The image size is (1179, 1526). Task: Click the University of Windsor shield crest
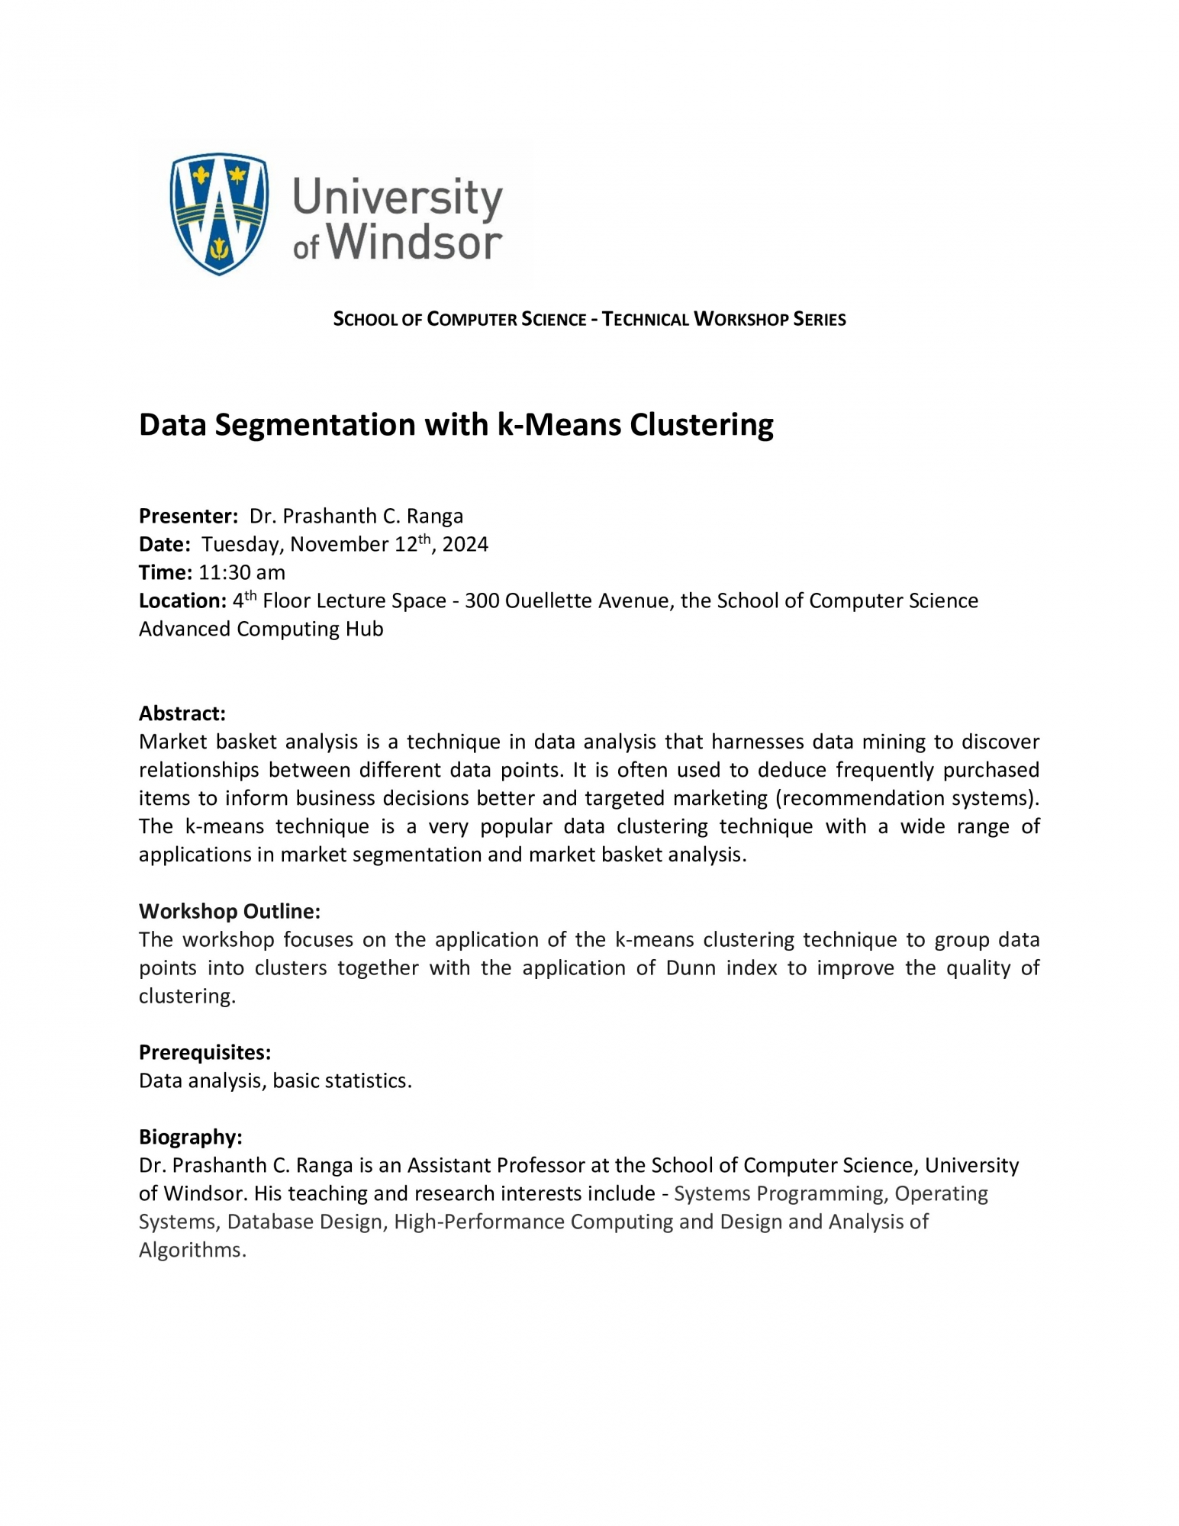click(219, 213)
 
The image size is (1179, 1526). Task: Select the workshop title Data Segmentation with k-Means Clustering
click(456, 424)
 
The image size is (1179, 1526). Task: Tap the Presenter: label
click(188, 517)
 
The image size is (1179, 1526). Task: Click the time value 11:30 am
click(242, 573)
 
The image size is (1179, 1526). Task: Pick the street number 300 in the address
click(482, 601)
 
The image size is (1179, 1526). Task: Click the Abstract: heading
click(182, 714)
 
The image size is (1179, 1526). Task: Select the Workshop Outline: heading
click(229, 912)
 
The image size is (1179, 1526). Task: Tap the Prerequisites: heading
click(205, 1053)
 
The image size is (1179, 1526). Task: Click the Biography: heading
click(190, 1138)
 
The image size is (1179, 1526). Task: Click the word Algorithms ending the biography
click(190, 1251)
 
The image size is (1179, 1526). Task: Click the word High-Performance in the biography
click(479, 1222)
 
